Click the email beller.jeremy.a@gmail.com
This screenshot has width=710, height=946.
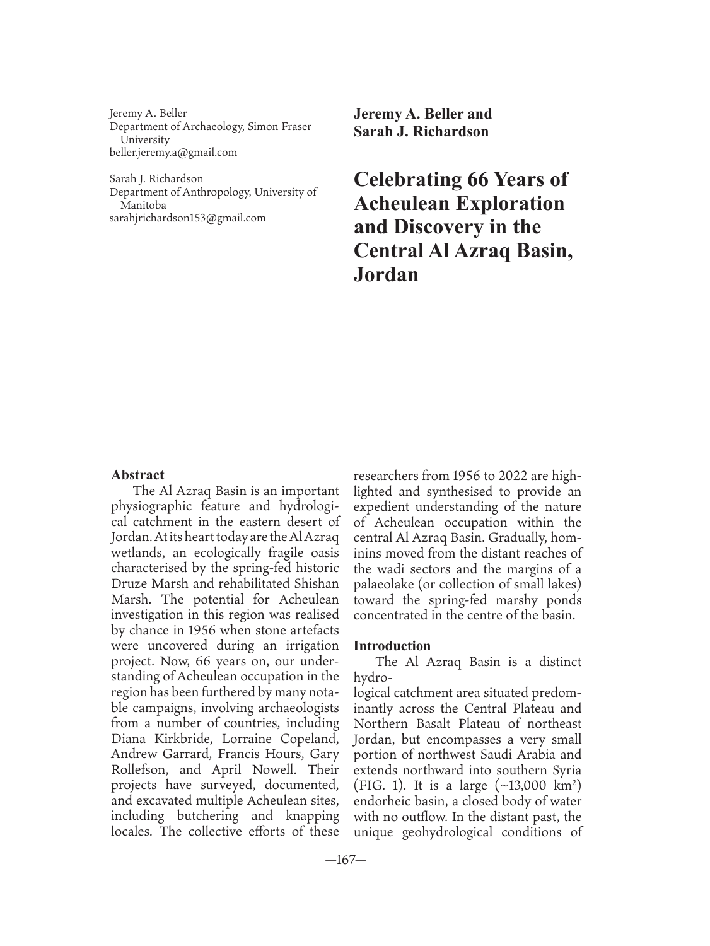tap(173, 152)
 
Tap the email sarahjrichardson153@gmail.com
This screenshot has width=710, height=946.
tap(187, 218)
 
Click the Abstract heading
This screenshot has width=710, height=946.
tap(137, 475)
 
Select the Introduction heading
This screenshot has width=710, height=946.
tap(392, 646)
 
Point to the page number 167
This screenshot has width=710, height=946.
tap(345, 861)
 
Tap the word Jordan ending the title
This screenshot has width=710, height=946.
tap(386, 275)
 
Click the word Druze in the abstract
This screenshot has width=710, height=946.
tap(129, 584)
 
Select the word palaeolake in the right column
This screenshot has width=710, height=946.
tap(383, 585)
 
